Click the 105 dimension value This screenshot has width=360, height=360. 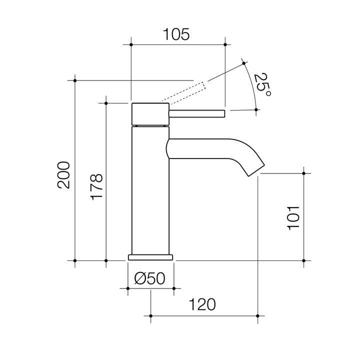(x=176, y=34)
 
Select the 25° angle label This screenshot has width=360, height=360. (x=262, y=85)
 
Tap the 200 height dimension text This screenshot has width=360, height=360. (x=63, y=175)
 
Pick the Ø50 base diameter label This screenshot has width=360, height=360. (x=150, y=279)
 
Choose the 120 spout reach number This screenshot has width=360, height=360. (x=202, y=304)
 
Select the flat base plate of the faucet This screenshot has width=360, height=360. (x=150, y=257)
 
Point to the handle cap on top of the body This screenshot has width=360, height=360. (x=150, y=114)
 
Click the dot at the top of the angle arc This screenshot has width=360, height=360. (x=244, y=62)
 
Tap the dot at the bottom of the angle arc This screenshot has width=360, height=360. (x=256, y=110)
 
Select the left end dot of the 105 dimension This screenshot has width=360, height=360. (x=130, y=45)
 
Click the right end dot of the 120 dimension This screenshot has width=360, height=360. (x=257, y=316)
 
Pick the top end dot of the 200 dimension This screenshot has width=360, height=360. (x=75, y=80)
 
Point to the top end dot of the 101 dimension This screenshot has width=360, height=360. (x=303, y=173)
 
